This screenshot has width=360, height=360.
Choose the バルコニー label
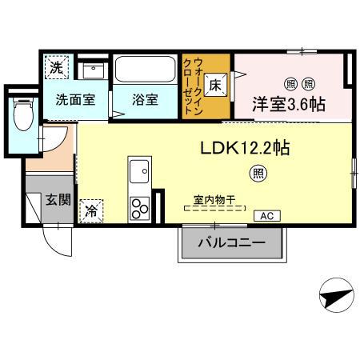pyautogui.click(x=231, y=243)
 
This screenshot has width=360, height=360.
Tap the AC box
pyautogui.click(x=264, y=216)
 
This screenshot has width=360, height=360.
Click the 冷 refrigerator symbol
pyautogui.click(x=90, y=211)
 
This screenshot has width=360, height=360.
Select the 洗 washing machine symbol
pyautogui.click(x=56, y=68)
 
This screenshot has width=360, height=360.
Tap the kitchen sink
pyautogui.click(x=140, y=171)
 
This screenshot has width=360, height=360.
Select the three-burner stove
pyautogui.click(x=140, y=206)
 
